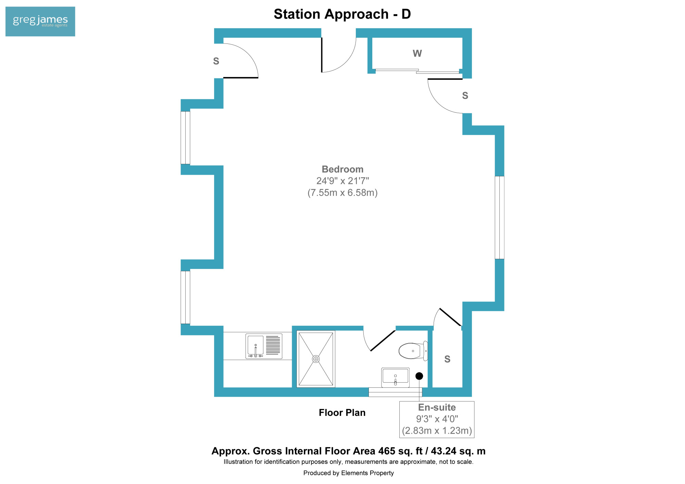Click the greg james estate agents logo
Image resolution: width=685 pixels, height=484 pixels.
40,21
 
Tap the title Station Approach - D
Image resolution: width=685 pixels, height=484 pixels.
342,14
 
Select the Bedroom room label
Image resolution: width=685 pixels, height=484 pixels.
342,169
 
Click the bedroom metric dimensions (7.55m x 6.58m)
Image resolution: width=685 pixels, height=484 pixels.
342,193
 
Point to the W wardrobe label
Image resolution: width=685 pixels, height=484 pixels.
417,53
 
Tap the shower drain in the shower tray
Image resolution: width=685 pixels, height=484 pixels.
316,359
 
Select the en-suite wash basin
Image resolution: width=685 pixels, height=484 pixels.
395,377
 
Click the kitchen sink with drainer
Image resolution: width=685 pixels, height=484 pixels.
264,346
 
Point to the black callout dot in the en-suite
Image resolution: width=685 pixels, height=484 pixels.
419,376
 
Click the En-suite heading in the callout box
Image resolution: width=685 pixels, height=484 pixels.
437,407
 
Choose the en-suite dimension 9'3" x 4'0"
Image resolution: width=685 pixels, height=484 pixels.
437,419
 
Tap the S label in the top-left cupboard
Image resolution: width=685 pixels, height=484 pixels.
216,61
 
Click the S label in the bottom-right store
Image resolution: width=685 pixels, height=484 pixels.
447,359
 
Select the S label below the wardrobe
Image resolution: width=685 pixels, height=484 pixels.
465,96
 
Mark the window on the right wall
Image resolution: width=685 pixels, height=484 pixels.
499,218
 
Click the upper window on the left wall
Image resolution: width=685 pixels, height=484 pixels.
185,138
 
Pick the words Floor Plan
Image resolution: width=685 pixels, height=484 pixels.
342,413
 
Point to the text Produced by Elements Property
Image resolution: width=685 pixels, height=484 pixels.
349,473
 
